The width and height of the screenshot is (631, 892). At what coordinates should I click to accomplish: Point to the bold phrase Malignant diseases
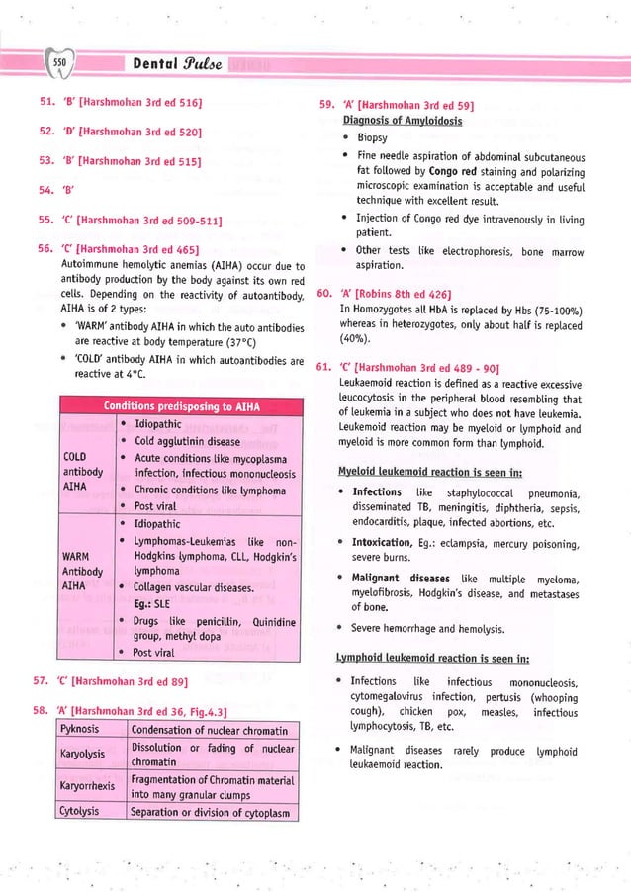click(x=402, y=578)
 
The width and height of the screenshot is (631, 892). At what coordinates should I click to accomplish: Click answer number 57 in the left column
click(x=45, y=680)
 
